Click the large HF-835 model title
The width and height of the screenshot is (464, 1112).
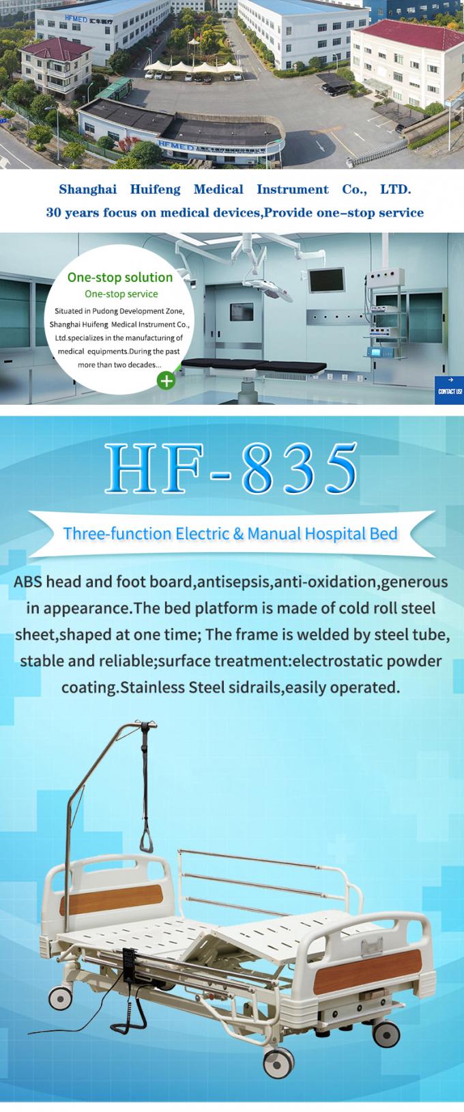[232, 470]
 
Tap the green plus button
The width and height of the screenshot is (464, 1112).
[166, 380]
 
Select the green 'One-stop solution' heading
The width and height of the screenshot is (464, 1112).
[120, 277]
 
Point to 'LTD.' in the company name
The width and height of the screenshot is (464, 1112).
[395, 189]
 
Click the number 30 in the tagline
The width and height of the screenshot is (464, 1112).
[55, 212]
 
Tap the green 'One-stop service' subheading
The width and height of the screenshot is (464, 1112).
[121, 294]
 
